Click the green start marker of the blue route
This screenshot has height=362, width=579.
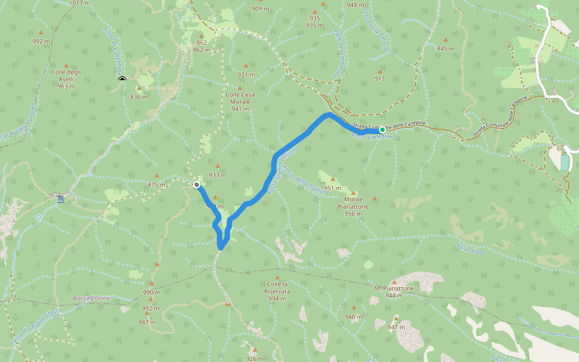click(382, 129)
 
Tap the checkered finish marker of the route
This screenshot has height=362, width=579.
click(197, 185)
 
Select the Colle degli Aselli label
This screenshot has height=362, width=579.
click(66, 79)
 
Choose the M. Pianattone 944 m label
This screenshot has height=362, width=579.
click(394, 292)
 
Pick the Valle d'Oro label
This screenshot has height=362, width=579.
click(470, 249)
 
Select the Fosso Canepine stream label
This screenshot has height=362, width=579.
click(372, 137)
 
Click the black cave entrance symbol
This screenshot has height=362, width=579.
click(122, 79)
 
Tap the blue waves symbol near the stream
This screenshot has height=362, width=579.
click(60, 198)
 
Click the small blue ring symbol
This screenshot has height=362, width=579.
click(38, 217)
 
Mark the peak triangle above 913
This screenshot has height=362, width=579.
click(379, 71)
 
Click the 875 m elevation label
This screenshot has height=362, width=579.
click(156, 185)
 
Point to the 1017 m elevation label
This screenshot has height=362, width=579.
click(80, 3)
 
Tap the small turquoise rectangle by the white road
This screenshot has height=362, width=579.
click(564, 162)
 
